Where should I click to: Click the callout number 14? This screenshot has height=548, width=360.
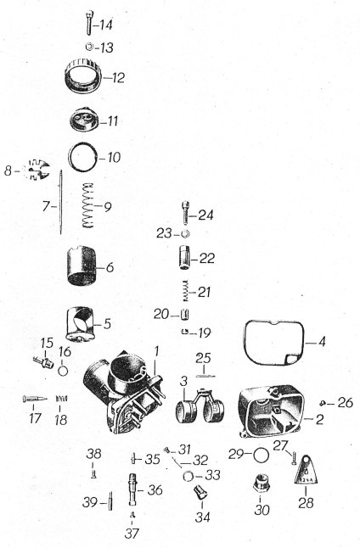(105, 25)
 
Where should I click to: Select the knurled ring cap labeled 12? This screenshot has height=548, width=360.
(83, 76)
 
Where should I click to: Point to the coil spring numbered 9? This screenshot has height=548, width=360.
(88, 205)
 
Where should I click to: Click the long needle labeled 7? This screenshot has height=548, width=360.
(60, 203)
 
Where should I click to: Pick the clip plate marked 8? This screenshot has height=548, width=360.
(37, 170)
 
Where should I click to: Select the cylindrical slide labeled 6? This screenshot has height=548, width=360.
(82, 266)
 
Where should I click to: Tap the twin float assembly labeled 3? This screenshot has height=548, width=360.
(200, 407)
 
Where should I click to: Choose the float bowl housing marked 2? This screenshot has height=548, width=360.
(271, 411)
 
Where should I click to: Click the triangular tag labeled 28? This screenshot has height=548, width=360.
(307, 471)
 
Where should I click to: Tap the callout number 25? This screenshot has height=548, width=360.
(203, 358)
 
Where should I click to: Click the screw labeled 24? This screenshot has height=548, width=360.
(186, 212)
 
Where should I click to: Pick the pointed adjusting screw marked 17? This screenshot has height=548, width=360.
(34, 399)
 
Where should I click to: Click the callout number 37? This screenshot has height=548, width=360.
(132, 534)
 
